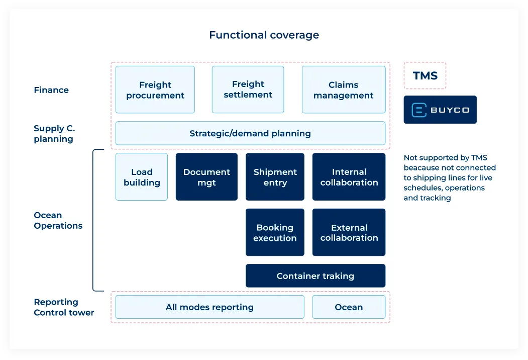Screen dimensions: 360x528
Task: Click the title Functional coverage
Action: click(264, 35)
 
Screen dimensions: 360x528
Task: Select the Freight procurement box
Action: click(155, 90)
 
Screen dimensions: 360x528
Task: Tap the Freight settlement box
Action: click(248, 89)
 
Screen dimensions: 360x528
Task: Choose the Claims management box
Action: click(344, 90)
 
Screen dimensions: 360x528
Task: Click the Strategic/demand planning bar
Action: click(250, 133)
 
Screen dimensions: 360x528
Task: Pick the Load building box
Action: click(142, 177)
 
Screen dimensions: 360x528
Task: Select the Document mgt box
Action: click(206, 177)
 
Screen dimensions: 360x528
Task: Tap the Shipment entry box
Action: click(275, 177)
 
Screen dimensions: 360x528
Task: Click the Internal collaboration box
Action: click(349, 177)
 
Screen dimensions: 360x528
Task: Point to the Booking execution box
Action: click(275, 232)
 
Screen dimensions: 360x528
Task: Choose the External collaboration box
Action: click(349, 232)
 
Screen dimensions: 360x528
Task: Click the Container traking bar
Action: click(315, 276)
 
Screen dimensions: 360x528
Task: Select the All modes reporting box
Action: click(209, 307)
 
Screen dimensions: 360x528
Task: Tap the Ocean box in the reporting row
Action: click(349, 307)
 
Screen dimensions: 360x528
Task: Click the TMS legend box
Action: click(425, 76)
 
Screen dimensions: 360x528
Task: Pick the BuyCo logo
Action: click(440, 110)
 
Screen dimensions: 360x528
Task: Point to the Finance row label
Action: click(51, 90)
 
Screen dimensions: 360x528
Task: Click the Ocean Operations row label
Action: click(58, 221)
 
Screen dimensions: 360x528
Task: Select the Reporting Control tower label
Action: click(64, 307)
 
